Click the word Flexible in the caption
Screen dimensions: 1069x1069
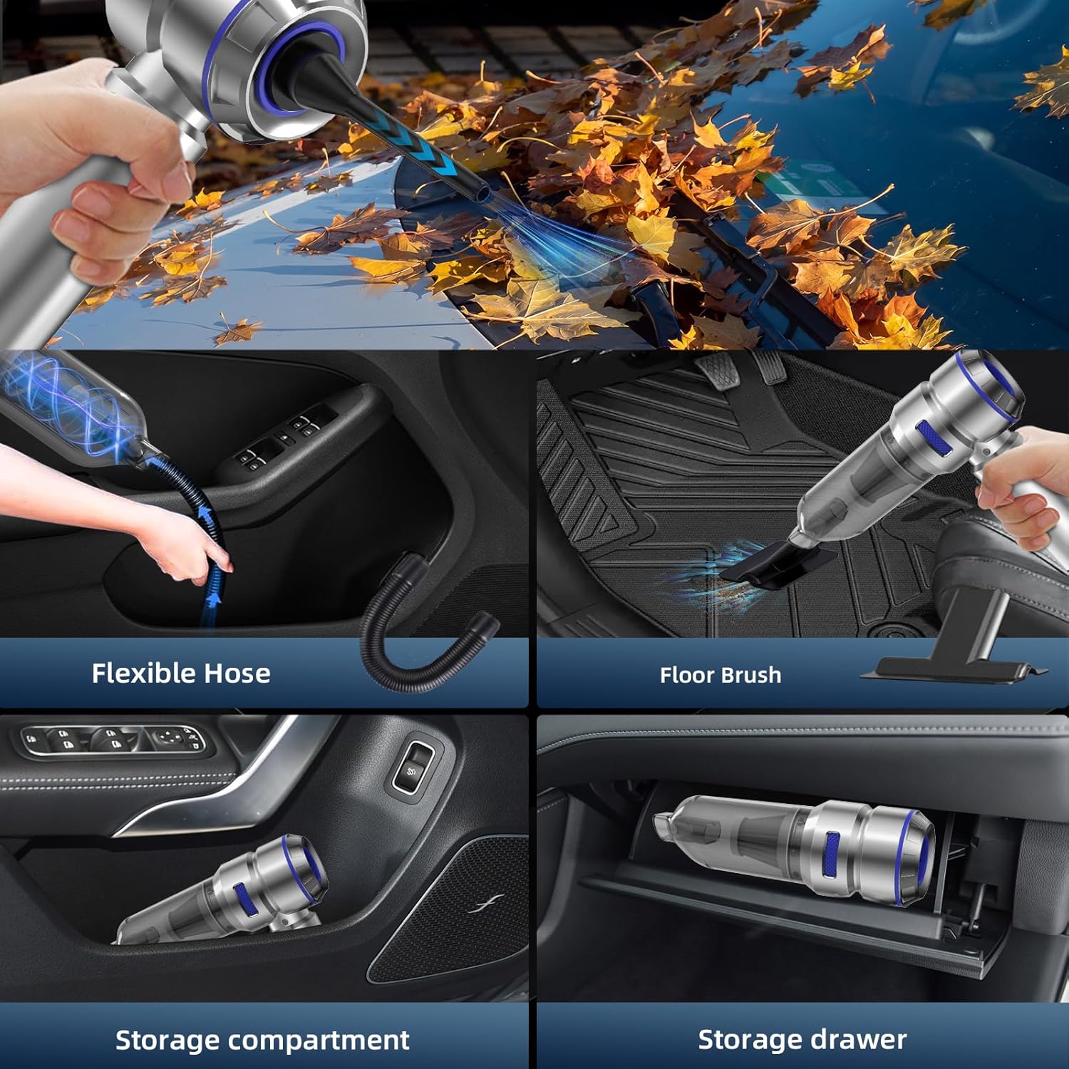(x=143, y=673)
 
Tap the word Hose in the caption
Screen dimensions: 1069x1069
(x=237, y=673)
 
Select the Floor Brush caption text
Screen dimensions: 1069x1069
(x=721, y=675)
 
